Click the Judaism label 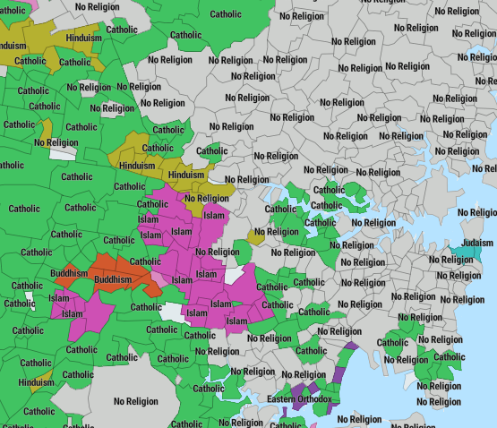tap(476, 241)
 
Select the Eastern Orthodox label tap(299, 398)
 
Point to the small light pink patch tap(159, 278)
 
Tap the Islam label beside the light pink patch tap(182, 280)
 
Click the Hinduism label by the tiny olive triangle tap(37, 382)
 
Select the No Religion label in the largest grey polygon tap(135, 401)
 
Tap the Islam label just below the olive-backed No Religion tap(213, 215)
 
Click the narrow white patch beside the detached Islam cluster tap(29, 298)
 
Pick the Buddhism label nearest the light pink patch tap(113, 280)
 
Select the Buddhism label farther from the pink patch tap(69, 273)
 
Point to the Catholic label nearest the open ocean tap(449, 356)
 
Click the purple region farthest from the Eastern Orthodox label tap(351, 346)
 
